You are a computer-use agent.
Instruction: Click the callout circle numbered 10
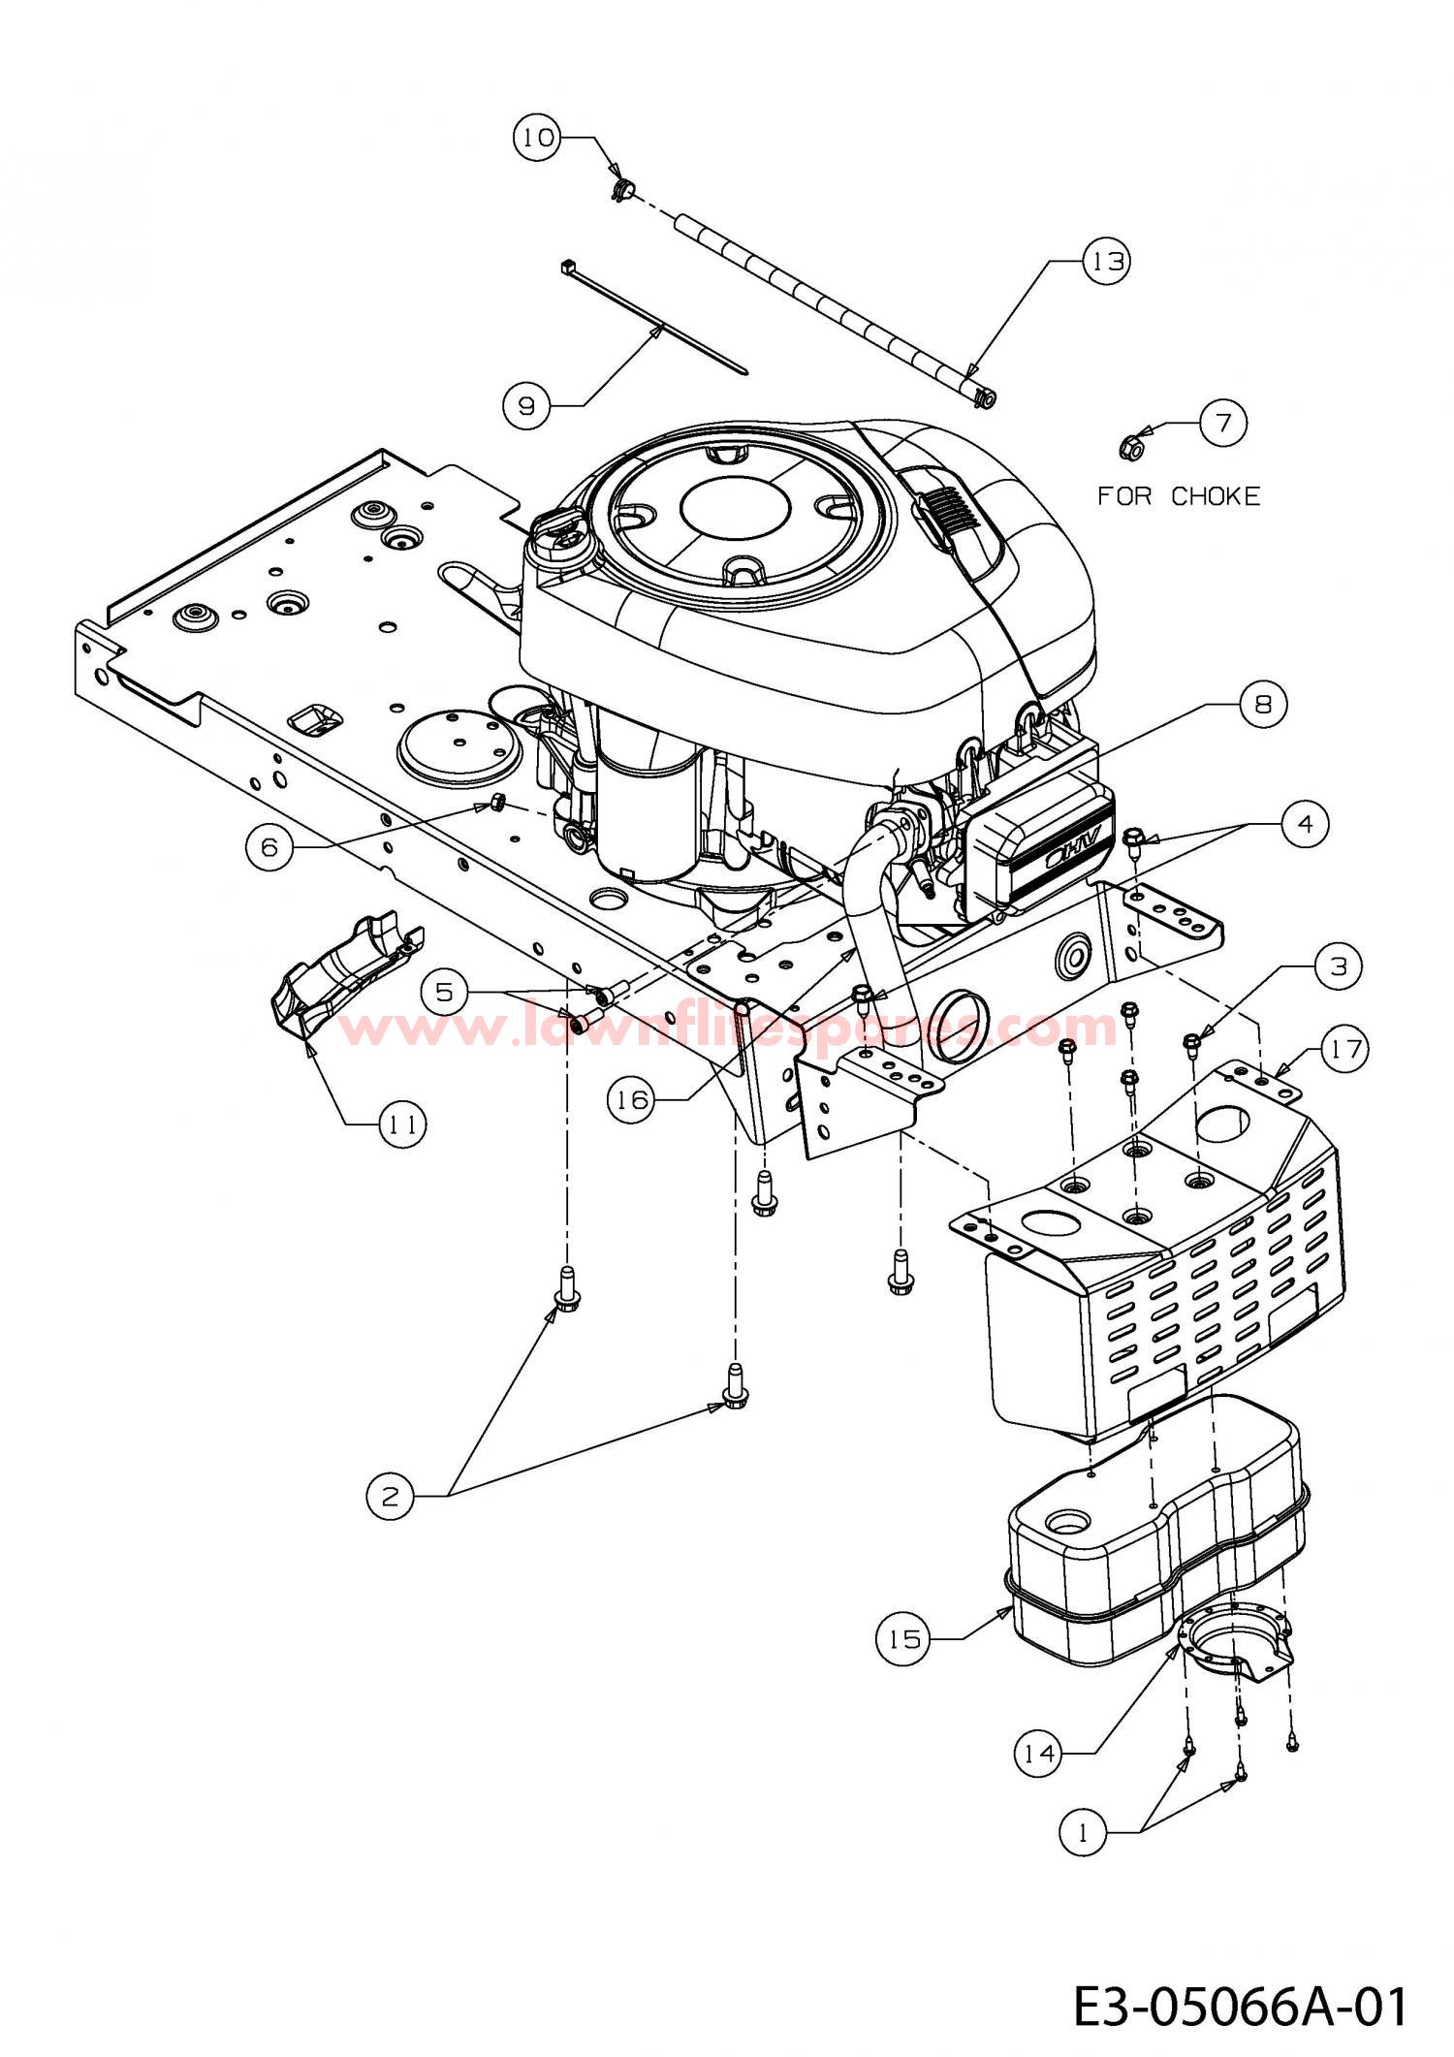(537, 139)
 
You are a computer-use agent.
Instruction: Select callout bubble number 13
(1107, 262)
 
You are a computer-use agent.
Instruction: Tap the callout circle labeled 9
(526, 405)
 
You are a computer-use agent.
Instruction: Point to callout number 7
(1222, 424)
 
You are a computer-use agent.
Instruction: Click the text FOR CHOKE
(1179, 496)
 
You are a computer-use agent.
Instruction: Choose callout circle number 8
(1263, 705)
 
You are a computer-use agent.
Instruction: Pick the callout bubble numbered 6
(269, 847)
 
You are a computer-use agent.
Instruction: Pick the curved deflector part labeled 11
(344, 969)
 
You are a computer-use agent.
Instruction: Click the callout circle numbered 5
(444, 993)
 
